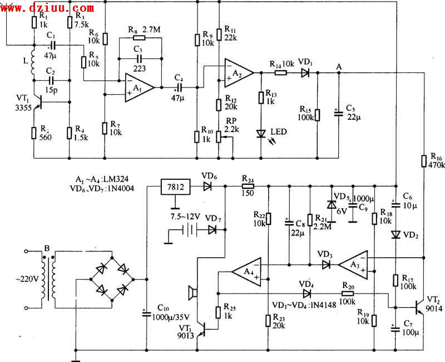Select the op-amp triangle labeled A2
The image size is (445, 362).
coord(238,72)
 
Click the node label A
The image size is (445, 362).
coord(339,66)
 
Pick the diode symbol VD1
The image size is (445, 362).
coord(304,72)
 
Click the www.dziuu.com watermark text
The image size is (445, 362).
coord(47,8)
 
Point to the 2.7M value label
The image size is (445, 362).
coord(151,29)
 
